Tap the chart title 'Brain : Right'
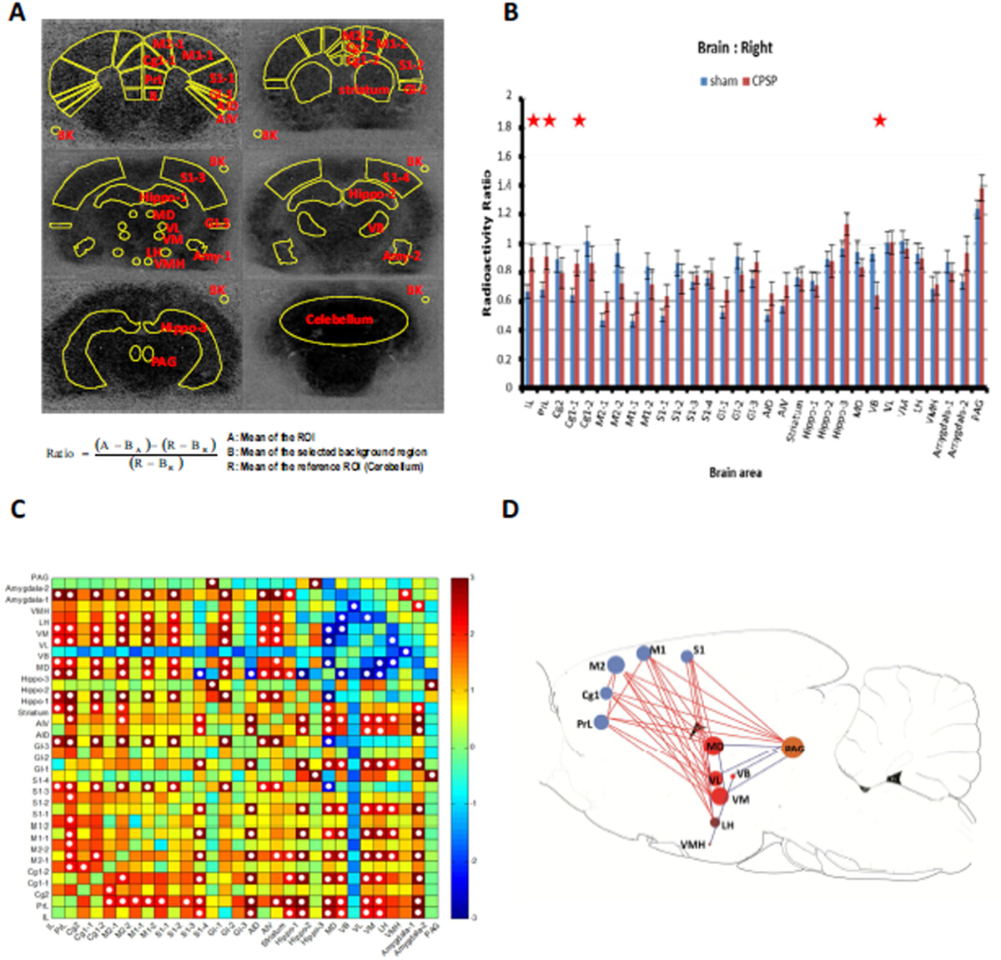tap(735, 47)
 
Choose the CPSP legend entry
tap(760, 81)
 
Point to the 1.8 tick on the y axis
tap(505, 127)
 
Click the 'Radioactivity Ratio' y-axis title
tap(487, 244)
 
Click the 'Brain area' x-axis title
tap(735, 472)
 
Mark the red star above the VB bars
tap(879, 121)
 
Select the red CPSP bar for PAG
tap(982, 287)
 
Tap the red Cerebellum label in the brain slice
tap(339, 319)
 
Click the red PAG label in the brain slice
tap(163, 362)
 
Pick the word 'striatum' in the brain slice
tap(364, 90)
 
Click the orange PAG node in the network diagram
tap(792, 748)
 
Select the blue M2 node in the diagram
tap(616, 664)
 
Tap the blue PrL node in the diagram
tap(601, 722)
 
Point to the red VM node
tap(719, 797)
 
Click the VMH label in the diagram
tap(692, 844)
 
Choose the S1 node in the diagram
tap(687, 656)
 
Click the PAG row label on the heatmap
tap(39, 577)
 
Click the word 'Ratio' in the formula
tap(60, 453)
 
